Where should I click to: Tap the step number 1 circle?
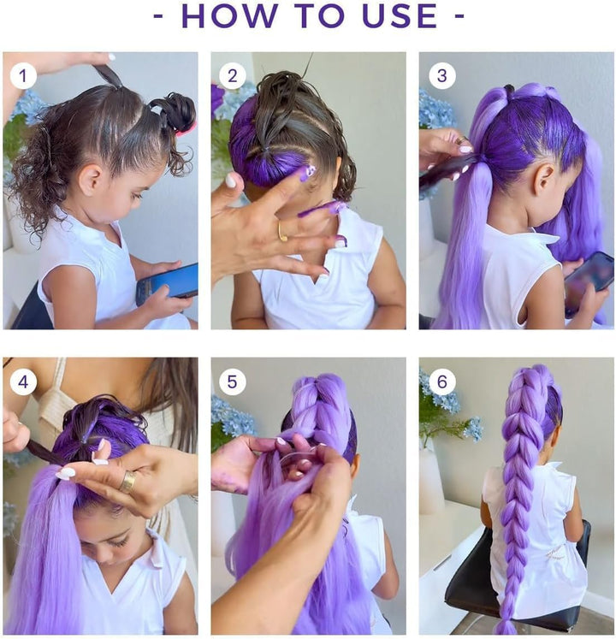[23, 76]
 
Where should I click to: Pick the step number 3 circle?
[441, 76]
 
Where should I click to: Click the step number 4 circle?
[23, 382]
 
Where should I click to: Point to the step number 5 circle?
[232, 382]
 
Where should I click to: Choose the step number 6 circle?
[441, 382]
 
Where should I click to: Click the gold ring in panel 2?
[282, 231]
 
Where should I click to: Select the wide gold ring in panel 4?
[127, 482]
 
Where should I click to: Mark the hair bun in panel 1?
[176, 110]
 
